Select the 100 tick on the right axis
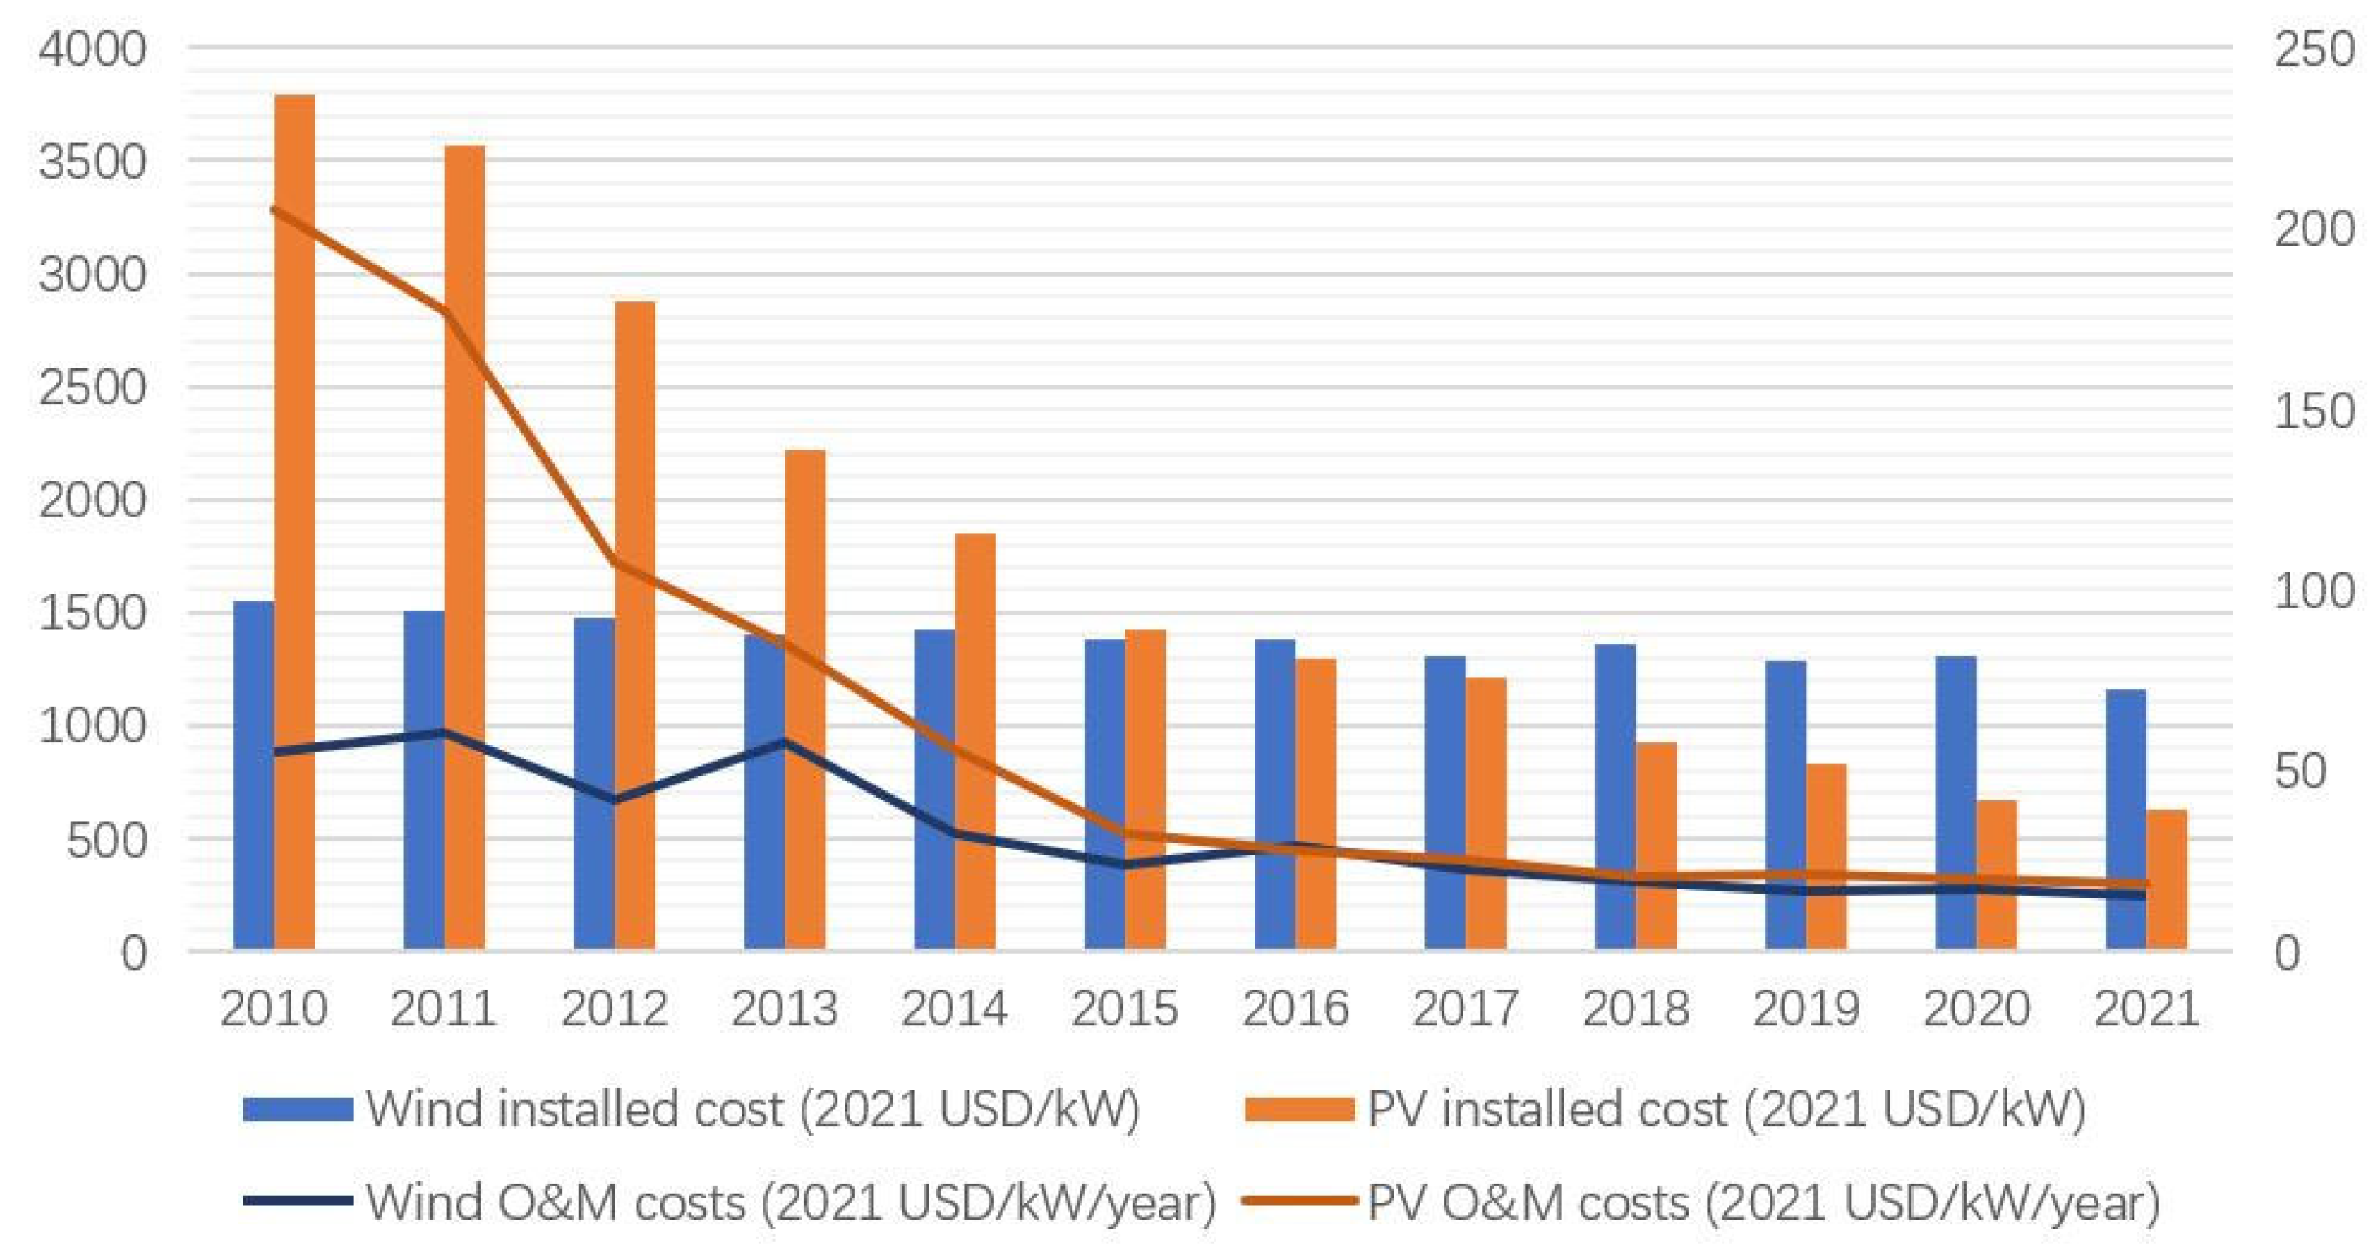[x=2314, y=591]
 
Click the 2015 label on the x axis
[x=1124, y=1007]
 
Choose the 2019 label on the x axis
[x=1806, y=1007]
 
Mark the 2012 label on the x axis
[x=613, y=1007]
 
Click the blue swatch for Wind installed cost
[x=298, y=1108]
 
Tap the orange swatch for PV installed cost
[x=1299, y=1108]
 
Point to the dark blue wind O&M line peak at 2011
[x=443, y=733]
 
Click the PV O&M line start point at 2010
[x=274, y=210]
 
